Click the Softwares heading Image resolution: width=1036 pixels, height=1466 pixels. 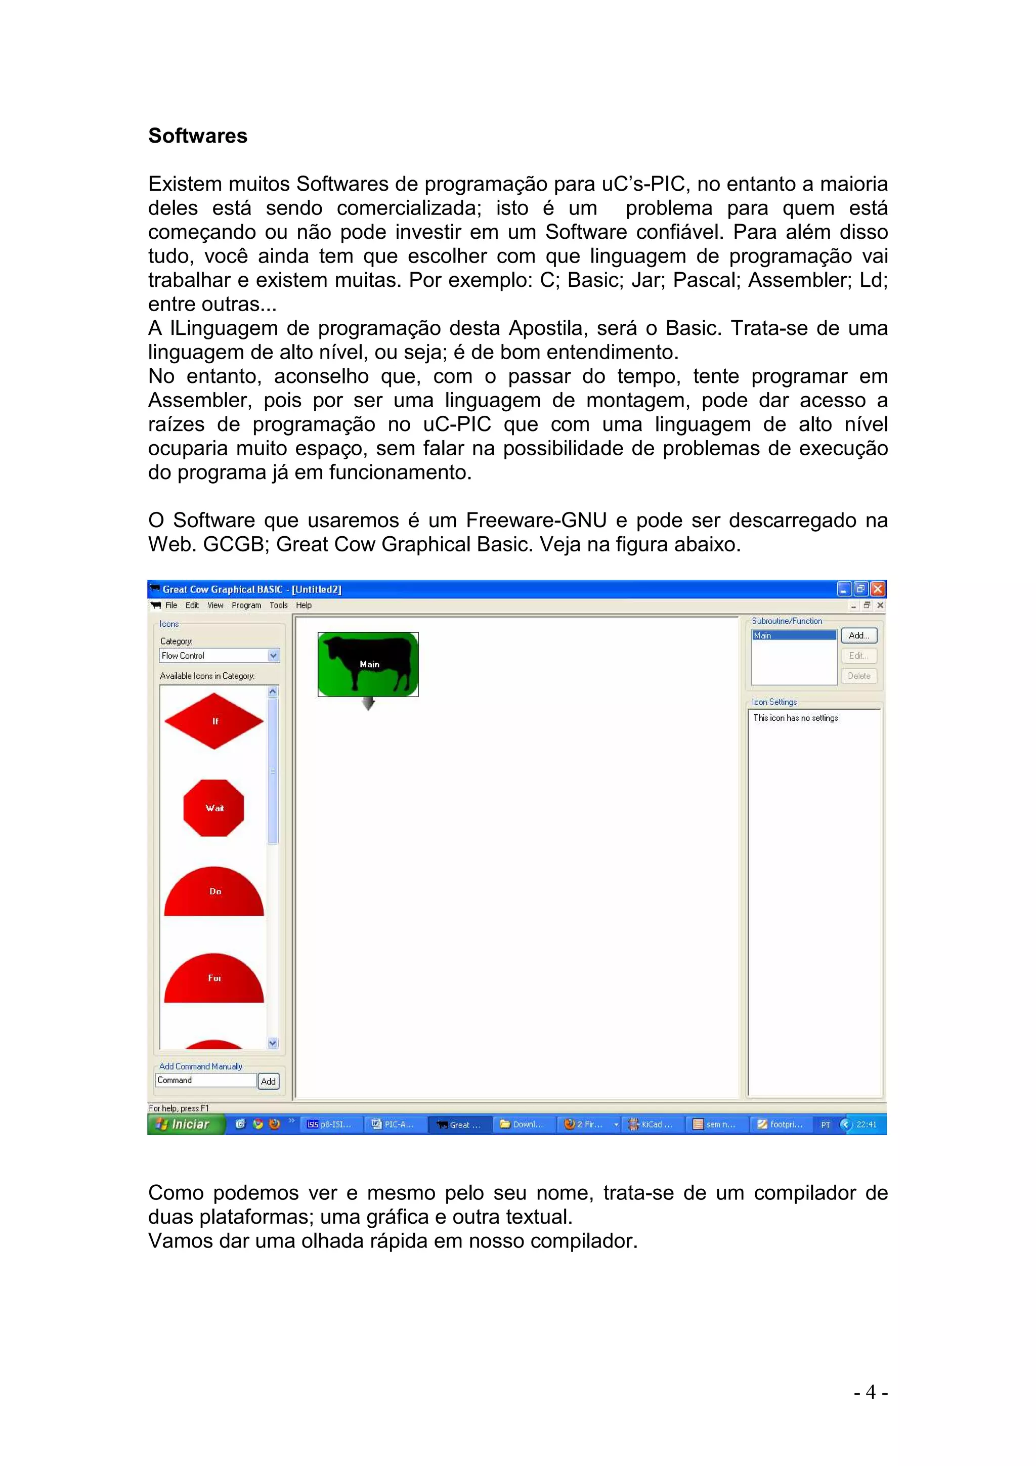pyautogui.click(x=197, y=136)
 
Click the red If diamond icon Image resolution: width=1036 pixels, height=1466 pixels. pyautogui.click(x=214, y=721)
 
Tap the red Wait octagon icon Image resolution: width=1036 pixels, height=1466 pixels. pyautogui.click(x=214, y=808)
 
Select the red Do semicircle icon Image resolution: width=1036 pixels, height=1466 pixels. pyautogui.click(x=214, y=893)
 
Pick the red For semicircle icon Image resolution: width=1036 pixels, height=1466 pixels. pyautogui.click(x=214, y=979)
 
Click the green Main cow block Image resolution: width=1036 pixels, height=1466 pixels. pyautogui.click(x=368, y=664)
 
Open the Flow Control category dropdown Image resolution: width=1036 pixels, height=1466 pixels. pyautogui.click(x=273, y=655)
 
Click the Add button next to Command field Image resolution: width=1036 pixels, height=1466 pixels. pyautogui.click(x=269, y=1081)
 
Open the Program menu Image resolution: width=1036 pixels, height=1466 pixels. pyautogui.click(x=246, y=606)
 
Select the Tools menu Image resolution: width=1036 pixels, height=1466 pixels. pyautogui.click(x=278, y=606)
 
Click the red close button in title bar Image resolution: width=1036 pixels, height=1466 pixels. pyautogui.click(x=878, y=589)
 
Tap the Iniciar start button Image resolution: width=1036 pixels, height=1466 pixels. pyautogui.click(x=185, y=1125)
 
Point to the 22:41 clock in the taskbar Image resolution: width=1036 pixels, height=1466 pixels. pyautogui.click(x=866, y=1125)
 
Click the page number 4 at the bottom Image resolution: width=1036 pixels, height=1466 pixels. pyautogui.click(x=871, y=1392)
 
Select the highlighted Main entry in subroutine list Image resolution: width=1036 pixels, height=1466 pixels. pyautogui.click(x=793, y=635)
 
